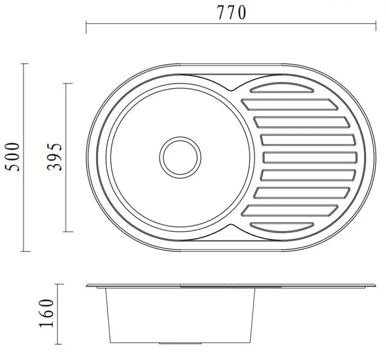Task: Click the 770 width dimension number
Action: [x=231, y=13]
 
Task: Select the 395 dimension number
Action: [x=56, y=157]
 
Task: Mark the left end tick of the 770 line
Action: [x=86, y=28]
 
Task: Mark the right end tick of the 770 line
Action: [x=376, y=28]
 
